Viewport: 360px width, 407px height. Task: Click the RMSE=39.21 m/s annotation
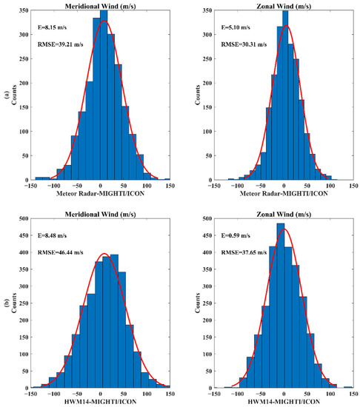(x=56, y=42)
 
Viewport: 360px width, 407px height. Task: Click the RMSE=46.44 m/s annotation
(x=56, y=253)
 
